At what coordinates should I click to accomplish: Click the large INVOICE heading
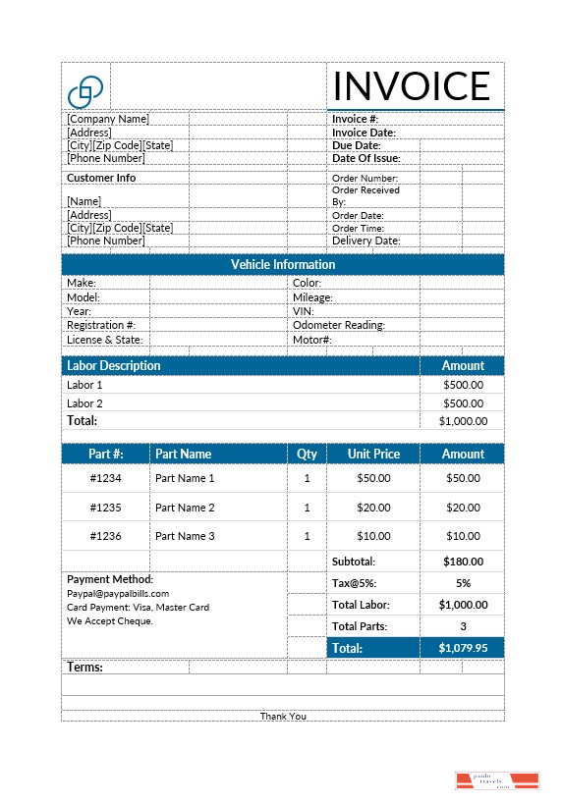(x=411, y=86)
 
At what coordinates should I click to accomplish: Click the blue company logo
(x=85, y=91)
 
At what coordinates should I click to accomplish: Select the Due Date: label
(x=357, y=145)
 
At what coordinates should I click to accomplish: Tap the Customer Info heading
(x=101, y=178)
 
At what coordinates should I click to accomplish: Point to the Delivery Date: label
(x=365, y=241)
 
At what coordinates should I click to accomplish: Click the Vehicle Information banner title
(x=283, y=264)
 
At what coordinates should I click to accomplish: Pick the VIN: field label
(x=303, y=311)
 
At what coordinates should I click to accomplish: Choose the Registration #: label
(x=101, y=325)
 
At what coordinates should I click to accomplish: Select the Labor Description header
(x=113, y=365)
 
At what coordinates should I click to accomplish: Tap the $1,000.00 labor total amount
(x=463, y=421)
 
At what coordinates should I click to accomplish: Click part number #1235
(x=105, y=508)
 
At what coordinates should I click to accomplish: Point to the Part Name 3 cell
(x=185, y=536)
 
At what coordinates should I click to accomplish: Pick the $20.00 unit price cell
(x=373, y=508)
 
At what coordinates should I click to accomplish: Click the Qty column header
(x=308, y=454)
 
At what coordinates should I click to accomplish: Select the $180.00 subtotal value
(x=463, y=562)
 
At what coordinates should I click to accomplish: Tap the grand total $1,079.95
(x=463, y=648)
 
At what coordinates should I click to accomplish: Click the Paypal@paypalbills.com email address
(x=118, y=593)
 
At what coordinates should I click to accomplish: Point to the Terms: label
(x=85, y=668)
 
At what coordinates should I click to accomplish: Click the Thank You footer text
(x=283, y=716)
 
